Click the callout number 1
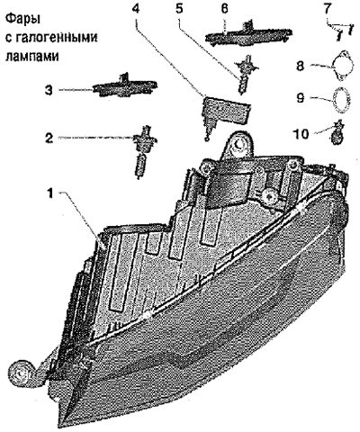(50, 193)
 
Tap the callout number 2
(49, 138)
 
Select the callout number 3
(49, 90)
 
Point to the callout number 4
(136, 8)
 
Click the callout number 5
(179, 8)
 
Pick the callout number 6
(224, 8)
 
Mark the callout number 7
(327, 8)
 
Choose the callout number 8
(301, 66)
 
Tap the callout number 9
(301, 98)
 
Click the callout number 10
(301, 134)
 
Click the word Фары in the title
(22, 21)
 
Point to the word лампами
(32, 56)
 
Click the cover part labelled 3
(125, 86)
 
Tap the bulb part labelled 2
(143, 151)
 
